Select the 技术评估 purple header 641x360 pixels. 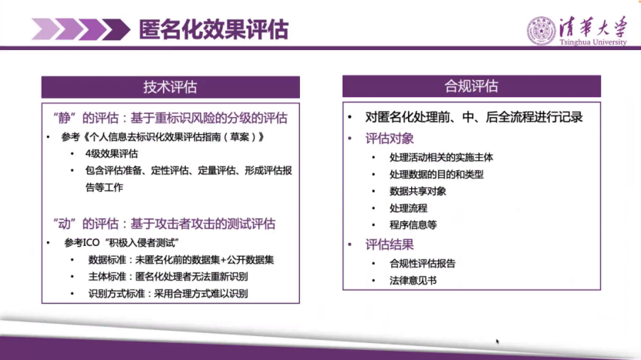[x=170, y=86]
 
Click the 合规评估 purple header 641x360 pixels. [x=471, y=86]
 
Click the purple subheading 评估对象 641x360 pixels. [x=390, y=139]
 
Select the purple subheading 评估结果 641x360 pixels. [x=390, y=244]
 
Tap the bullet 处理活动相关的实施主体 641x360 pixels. [x=442, y=156]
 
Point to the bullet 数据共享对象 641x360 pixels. [x=418, y=190]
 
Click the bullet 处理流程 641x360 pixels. [x=409, y=207]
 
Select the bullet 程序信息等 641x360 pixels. [x=413, y=224]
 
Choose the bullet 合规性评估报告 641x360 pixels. [x=423, y=263]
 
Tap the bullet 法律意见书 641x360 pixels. [x=413, y=280]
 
